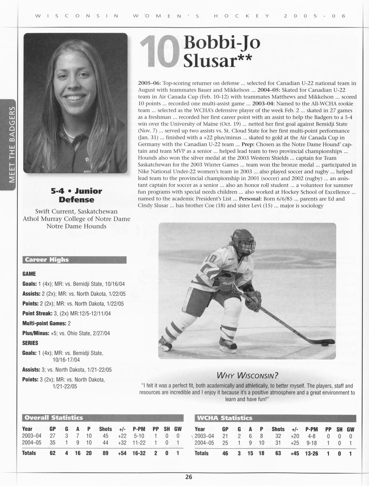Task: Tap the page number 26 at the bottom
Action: point(189,477)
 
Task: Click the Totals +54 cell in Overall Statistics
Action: point(123,453)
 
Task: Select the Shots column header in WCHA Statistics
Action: point(278,429)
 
